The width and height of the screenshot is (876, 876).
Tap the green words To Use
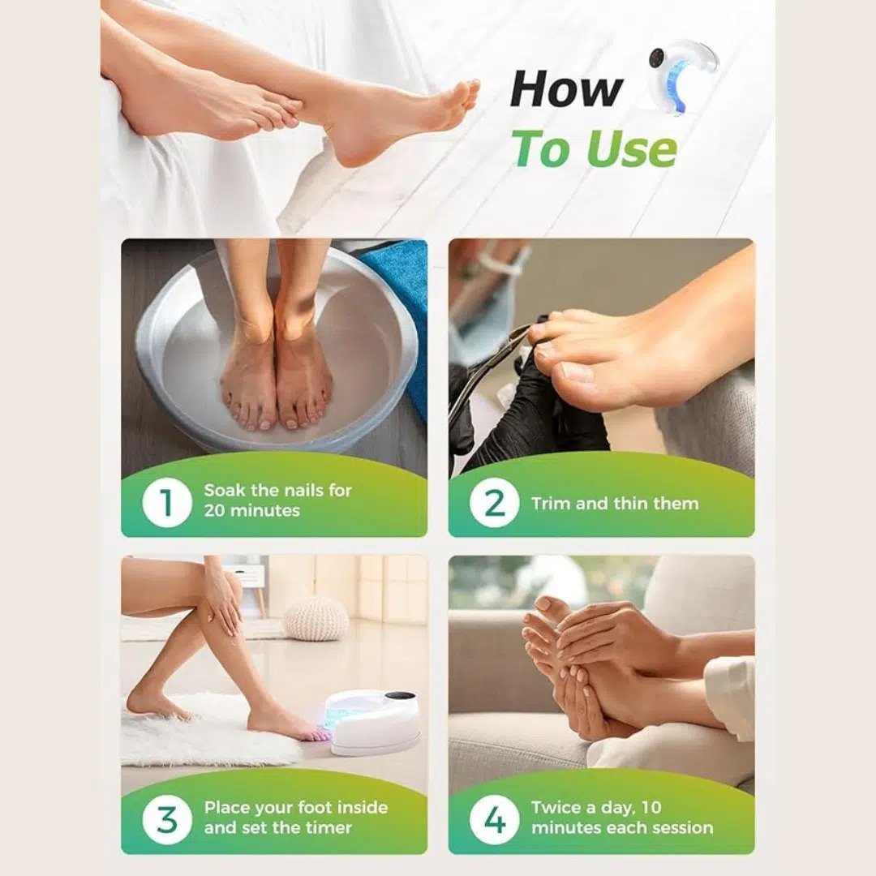pos(594,149)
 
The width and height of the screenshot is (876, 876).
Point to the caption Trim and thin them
pos(614,503)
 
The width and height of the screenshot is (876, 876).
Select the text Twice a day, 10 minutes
pos(621,817)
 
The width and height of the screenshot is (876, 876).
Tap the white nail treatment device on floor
pos(373,722)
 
